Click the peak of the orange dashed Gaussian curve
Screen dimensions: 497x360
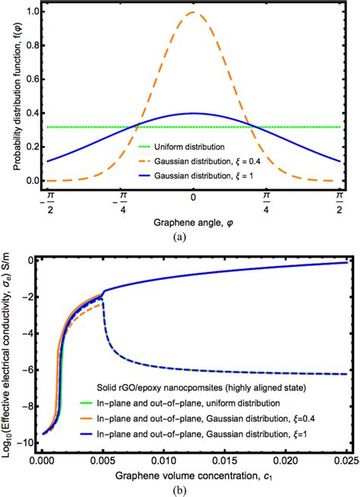click(194, 12)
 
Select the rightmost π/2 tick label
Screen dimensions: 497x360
click(339, 201)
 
